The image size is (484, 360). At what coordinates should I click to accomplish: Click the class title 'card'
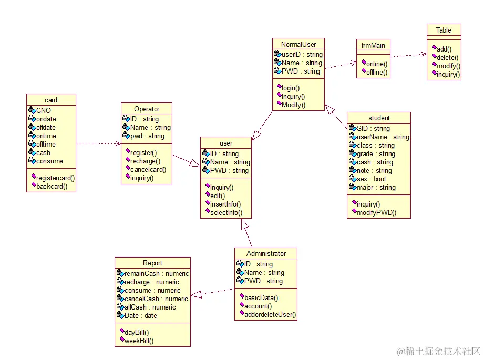51,100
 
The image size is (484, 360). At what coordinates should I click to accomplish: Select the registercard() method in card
55,178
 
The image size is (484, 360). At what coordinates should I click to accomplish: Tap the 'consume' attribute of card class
49,161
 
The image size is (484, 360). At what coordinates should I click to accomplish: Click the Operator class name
147,109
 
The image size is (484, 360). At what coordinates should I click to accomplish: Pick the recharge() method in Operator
145,161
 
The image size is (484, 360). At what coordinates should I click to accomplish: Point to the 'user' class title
226,143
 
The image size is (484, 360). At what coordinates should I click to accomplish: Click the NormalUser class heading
298,44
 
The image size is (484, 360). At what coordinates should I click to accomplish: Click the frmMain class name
373,45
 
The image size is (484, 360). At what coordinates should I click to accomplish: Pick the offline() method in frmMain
376,73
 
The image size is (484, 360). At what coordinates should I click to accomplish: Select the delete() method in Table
447,58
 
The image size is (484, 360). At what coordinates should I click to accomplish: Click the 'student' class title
378,118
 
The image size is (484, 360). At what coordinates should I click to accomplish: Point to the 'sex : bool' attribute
372,179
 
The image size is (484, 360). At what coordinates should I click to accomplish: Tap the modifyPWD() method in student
376,212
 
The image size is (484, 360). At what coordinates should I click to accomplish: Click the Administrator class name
266,253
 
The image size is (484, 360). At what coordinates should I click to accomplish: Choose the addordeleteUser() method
270,315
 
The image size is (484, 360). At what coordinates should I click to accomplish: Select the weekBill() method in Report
139,341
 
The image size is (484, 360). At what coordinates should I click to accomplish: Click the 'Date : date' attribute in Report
140,316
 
